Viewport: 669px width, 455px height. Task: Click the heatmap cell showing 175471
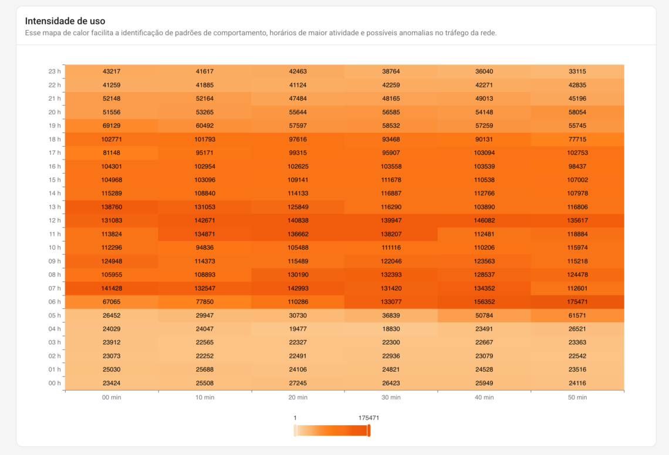click(x=577, y=302)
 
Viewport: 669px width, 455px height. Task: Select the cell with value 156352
click(x=484, y=302)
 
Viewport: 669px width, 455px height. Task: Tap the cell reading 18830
click(x=391, y=329)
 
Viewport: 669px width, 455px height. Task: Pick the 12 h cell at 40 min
click(x=484, y=220)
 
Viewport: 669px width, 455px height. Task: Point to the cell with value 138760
click(x=112, y=207)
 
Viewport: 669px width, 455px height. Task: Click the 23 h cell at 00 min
click(x=112, y=72)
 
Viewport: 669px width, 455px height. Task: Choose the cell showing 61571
click(x=577, y=315)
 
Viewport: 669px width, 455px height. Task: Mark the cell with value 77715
click(x=577, y=140)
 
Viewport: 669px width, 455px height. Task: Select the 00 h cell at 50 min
click(x=577, y=383)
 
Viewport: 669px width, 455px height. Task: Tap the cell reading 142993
click(x=298, y=288)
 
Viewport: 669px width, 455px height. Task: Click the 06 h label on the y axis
click(x=55, y=302)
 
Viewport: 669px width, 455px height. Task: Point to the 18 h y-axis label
click(x=55, y=140)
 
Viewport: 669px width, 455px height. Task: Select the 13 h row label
click(x=55, y=207)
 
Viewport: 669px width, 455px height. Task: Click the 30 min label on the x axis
click(x=391, y=398)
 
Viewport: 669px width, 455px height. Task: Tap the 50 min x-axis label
click(x=577, y=398)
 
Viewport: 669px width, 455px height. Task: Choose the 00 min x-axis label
click(x=112, y=398)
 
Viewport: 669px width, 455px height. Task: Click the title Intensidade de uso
click(x=65, y=21)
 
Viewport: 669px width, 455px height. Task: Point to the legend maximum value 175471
click(x=369, y=418)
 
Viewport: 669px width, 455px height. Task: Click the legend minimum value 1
click(x=295, y=418)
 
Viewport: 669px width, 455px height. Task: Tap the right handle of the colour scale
click(x=369, y=431)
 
